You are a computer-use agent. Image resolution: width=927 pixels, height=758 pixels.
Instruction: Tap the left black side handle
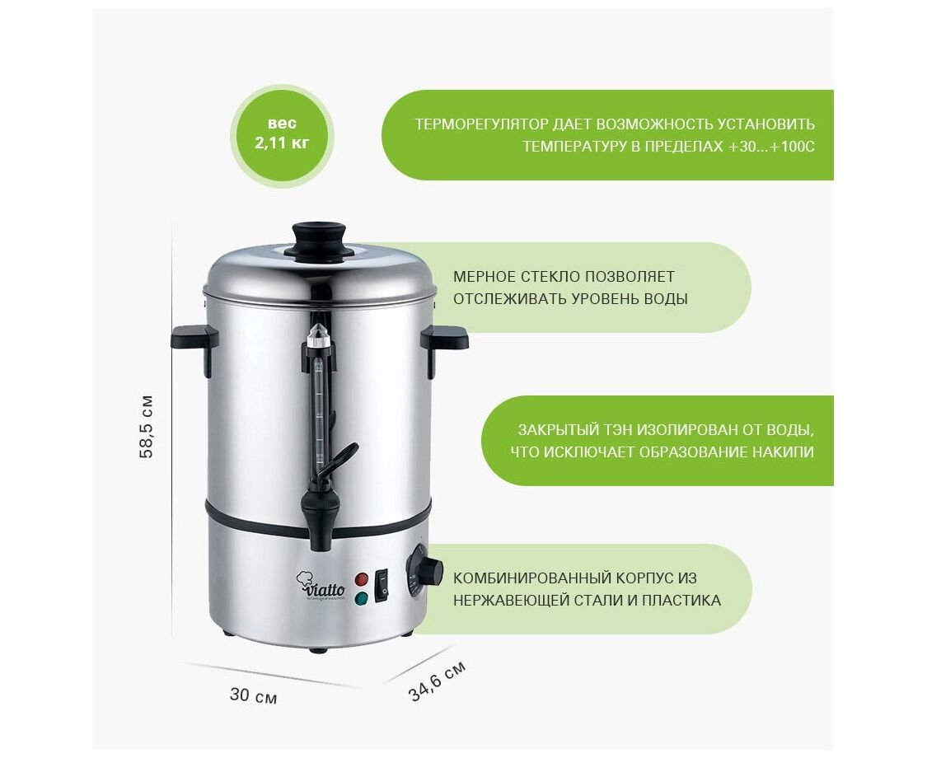click(x=195, y=346)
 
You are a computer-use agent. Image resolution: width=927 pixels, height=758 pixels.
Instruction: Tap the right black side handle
click(x=443, y=346)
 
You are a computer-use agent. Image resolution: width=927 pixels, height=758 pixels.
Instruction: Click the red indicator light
click(x=361, y=579)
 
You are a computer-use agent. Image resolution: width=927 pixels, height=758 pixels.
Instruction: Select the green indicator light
click(x=361, y=598)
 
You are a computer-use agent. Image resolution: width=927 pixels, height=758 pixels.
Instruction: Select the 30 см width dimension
click(x=253, y=695)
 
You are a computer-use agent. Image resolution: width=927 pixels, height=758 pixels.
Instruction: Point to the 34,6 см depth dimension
click(x=437, y=681)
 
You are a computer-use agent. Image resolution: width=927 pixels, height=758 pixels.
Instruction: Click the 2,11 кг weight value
click(x=282, y=143)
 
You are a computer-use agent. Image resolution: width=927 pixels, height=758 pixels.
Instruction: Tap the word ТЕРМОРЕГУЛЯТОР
click(x=481, y=124)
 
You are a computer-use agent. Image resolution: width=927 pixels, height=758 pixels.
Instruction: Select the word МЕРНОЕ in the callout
click(x=485, y=277)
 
